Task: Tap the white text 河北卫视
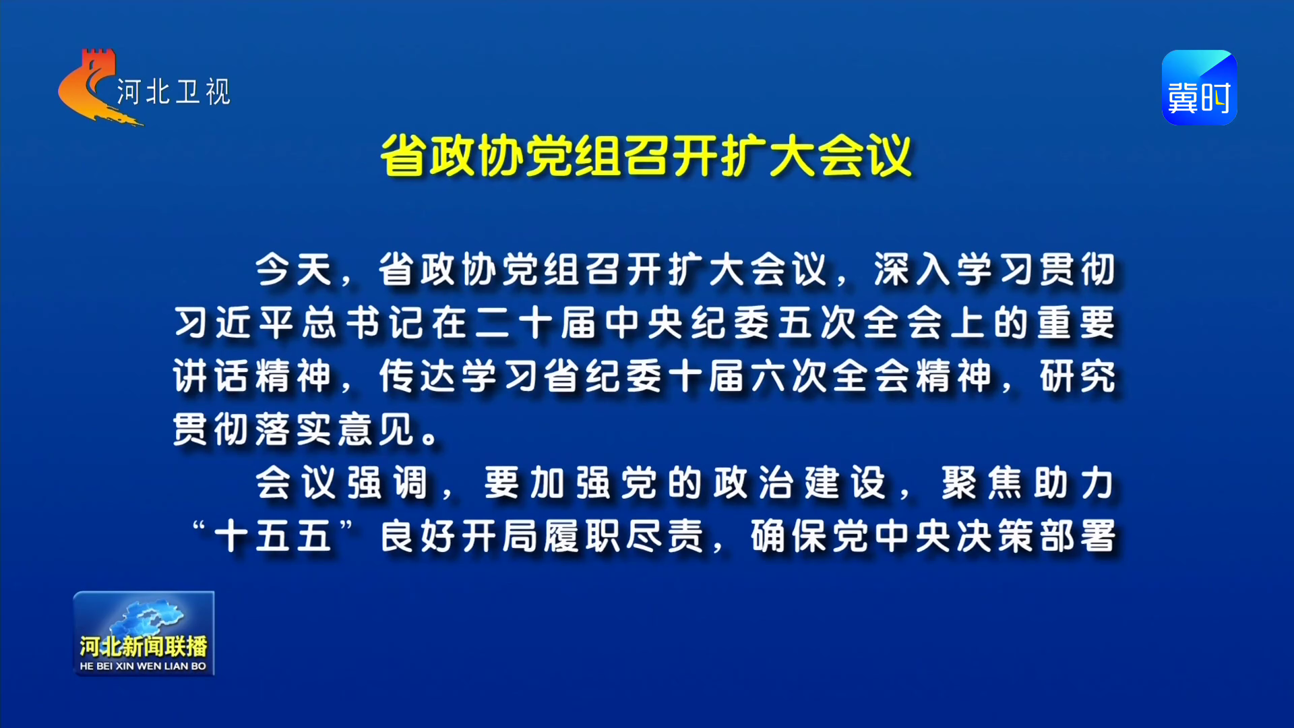point(174,92)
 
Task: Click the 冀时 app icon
point(1199,88)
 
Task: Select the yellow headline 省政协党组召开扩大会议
point(646,156)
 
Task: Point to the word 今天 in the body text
point(295,270)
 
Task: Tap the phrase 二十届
point(536,322)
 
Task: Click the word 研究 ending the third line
point(1077,375)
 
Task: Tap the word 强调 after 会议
point(388,483)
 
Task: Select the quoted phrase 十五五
point(273,536)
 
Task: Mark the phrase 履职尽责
point(625,536)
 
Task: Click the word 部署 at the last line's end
point(1077,536)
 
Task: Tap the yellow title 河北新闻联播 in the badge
point(144,646)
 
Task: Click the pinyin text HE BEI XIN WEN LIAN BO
point(143,666)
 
